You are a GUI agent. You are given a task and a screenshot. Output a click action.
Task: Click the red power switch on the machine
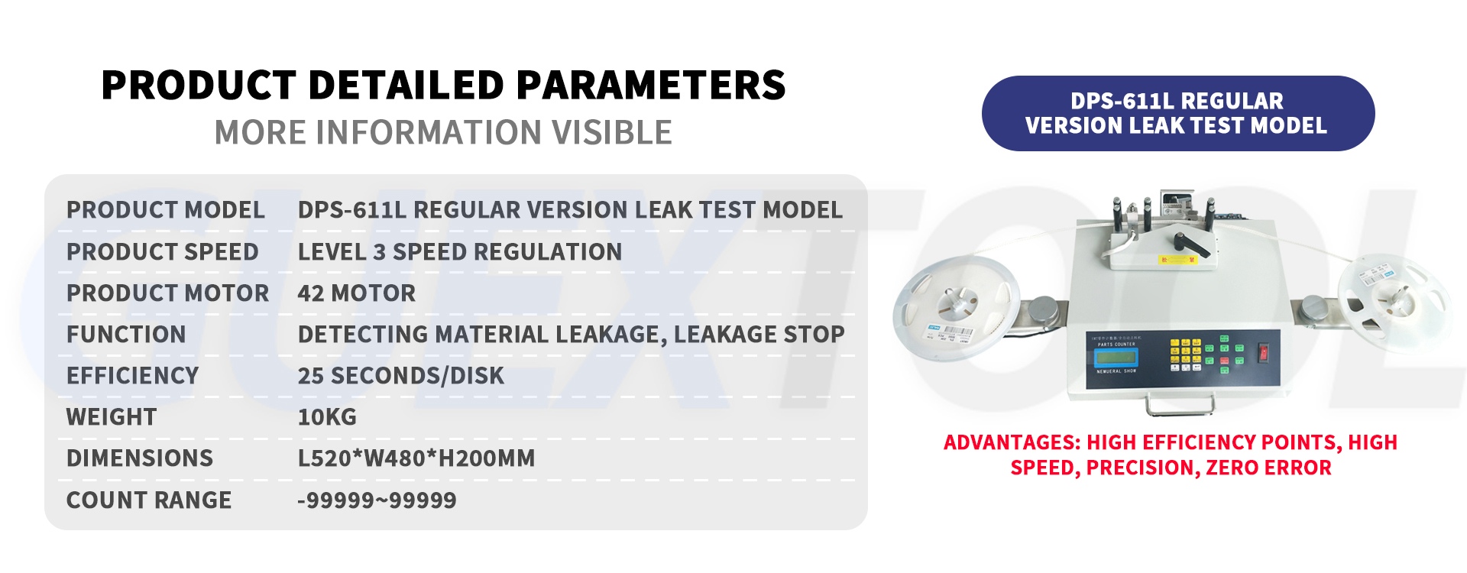[x=1264, y=352]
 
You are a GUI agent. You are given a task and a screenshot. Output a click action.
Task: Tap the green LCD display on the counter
[x=1116, y=358]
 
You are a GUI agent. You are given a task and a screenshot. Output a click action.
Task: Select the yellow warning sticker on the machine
[x=1177, y=260]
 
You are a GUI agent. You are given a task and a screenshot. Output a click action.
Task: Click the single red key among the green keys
[x=1225, y=360]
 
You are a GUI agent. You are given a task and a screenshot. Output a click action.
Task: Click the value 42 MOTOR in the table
[x=356, y=293]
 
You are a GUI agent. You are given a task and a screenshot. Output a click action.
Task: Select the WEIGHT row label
[x=112, y=417]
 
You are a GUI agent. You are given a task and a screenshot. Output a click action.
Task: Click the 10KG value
[x=327, y=417]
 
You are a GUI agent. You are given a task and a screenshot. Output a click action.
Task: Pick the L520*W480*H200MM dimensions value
[x=416, y=458]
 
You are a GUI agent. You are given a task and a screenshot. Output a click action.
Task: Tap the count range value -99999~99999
[x=377, y=500]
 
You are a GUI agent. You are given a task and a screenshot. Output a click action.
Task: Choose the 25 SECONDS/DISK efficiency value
[x=400, y=376]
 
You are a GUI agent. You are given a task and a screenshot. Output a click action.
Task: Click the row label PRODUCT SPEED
[x=162, y=252]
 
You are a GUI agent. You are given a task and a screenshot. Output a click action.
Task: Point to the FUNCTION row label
[x=126, y=335]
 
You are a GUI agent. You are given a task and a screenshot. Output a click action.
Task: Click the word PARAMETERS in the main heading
[x=651, y=85]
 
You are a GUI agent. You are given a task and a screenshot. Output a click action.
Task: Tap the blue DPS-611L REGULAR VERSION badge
[x=1177, y=113]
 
